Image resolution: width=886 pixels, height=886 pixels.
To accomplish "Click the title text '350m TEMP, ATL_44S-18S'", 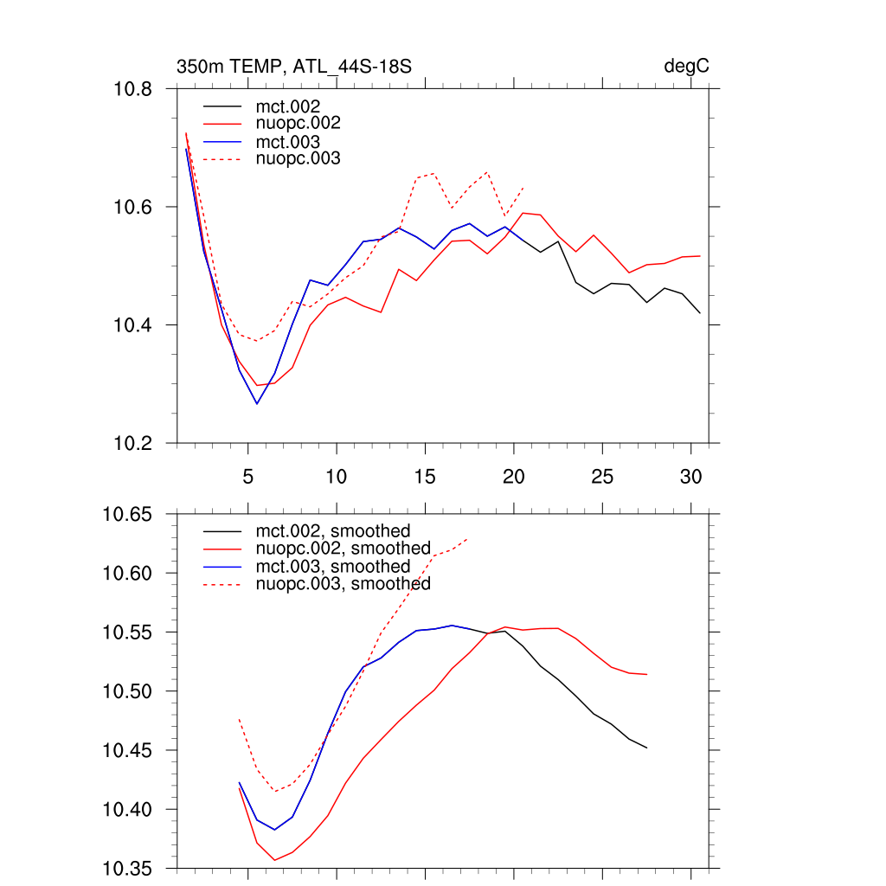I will [x=293, y=67].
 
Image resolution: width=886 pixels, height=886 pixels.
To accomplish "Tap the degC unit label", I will [x=687, y=67].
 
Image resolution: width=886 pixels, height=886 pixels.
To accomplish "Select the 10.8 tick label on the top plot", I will [x=133, y=89].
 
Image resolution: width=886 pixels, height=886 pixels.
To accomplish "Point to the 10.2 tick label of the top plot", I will [x=133, y=443].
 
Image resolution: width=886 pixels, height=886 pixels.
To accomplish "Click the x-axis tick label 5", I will [x=247, y=477].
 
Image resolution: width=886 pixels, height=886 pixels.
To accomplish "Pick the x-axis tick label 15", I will [x=425, y=477].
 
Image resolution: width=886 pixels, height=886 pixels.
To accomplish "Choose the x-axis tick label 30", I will [x=690, y=477].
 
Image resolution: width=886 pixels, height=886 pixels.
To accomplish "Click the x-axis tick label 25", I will [x=602, y=477].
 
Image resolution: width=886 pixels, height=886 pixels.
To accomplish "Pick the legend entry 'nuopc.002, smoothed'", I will [x=343, y=549].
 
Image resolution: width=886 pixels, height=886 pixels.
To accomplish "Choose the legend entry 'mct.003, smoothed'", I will [x=332, y=567].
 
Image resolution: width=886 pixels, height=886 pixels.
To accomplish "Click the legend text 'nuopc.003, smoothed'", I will [x=343, y=584].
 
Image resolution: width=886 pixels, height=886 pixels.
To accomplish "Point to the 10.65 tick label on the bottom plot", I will [x=128, y=515].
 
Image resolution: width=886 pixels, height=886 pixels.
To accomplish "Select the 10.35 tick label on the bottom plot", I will [x=128, y=868].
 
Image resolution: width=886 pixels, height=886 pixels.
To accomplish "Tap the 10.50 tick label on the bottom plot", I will [x=128, y=691].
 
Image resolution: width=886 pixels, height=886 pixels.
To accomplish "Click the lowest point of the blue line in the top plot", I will [x=256, y=403].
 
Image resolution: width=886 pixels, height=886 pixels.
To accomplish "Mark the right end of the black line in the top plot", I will [x=700, y=313].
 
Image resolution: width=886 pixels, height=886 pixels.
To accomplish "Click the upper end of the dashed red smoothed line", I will [x=468, y=539].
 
